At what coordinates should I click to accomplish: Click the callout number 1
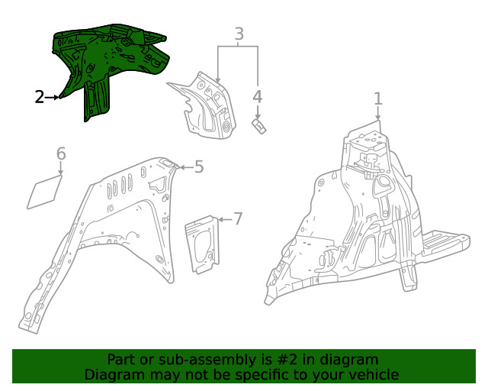pyautogui.click(x=377, y=99)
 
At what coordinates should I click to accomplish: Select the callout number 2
pyautogui.click(x=40, y=97)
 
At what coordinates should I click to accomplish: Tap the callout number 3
pyautogui.click(x=239, y=34)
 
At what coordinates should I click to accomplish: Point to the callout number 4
pyautogui.click(x=258, y=97)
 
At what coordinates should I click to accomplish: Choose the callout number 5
pyautogui.click(x=198, y=166)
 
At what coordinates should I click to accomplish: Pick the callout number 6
pyautogui.click(x=61, y=154)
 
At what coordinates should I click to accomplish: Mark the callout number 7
pyautogui.click(x=237, y=219)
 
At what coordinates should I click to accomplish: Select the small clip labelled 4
pyautogui.click(x=259, y=124)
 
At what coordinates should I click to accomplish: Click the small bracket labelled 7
pyautogui.click(x=204, y=243)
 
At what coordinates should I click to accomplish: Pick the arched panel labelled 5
pyautogui.click(x=114, y=229)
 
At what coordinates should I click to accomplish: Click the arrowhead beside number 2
pyautogui.click(x=59, y=97)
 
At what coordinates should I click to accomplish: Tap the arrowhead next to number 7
pyautogui.click(x=222, y=219)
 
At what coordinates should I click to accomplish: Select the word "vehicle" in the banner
pyautogui.click(x=374, y=374)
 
